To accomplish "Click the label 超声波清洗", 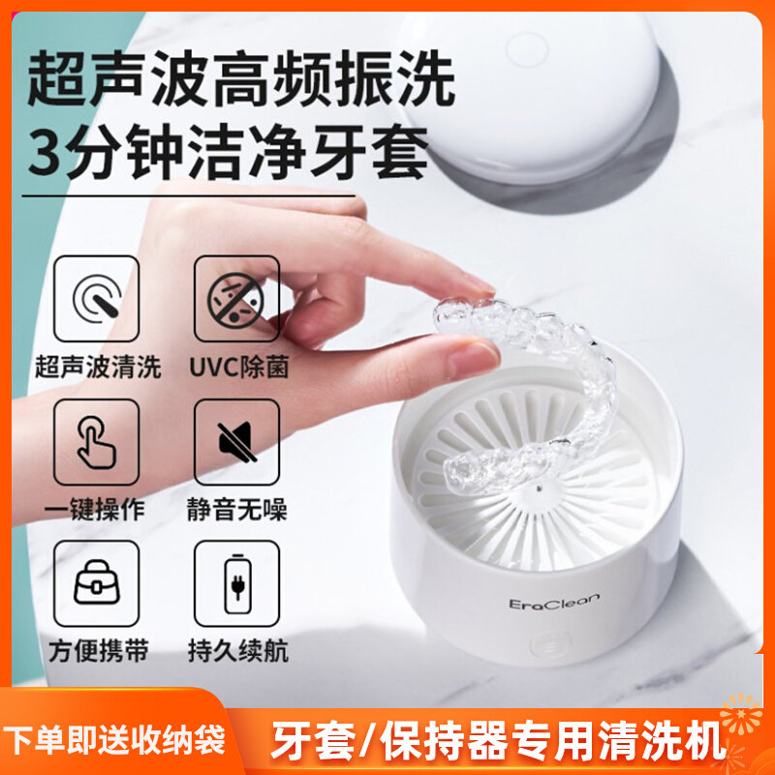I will [97, 367].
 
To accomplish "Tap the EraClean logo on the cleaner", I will [553, 603].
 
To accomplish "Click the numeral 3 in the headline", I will [48, 154].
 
